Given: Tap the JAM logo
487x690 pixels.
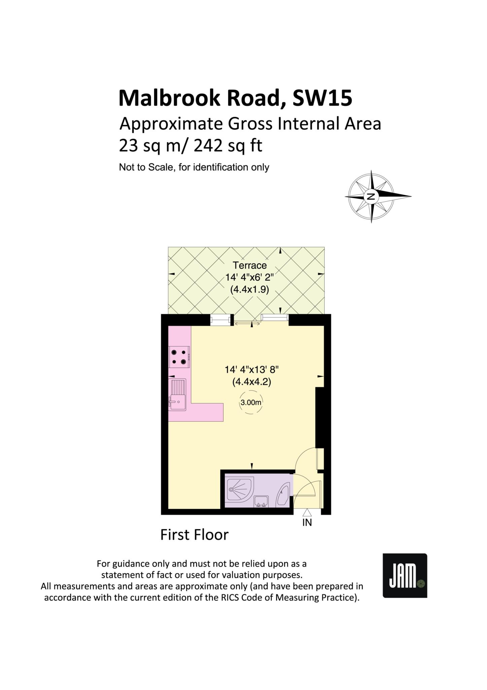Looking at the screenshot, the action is click(405, 575).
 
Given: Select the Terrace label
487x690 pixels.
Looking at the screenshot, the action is click(250, 265).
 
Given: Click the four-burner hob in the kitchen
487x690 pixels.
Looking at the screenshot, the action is click(179, 357).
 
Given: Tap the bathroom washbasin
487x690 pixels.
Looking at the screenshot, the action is click(261, 501).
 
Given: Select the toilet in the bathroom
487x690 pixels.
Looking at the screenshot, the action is click(283, 495).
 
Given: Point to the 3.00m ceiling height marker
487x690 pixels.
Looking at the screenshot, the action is click(251, 402).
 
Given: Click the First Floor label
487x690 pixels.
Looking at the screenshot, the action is click(194, 535).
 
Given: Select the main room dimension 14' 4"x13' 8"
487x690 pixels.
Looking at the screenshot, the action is click(252, 370).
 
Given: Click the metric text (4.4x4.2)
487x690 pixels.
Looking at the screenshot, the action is click(252, 382).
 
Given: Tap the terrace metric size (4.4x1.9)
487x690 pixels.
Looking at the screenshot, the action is click(249, 290).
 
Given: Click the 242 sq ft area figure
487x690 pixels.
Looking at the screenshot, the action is click(228, 146).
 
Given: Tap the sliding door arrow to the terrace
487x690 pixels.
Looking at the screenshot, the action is click(247, 324).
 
